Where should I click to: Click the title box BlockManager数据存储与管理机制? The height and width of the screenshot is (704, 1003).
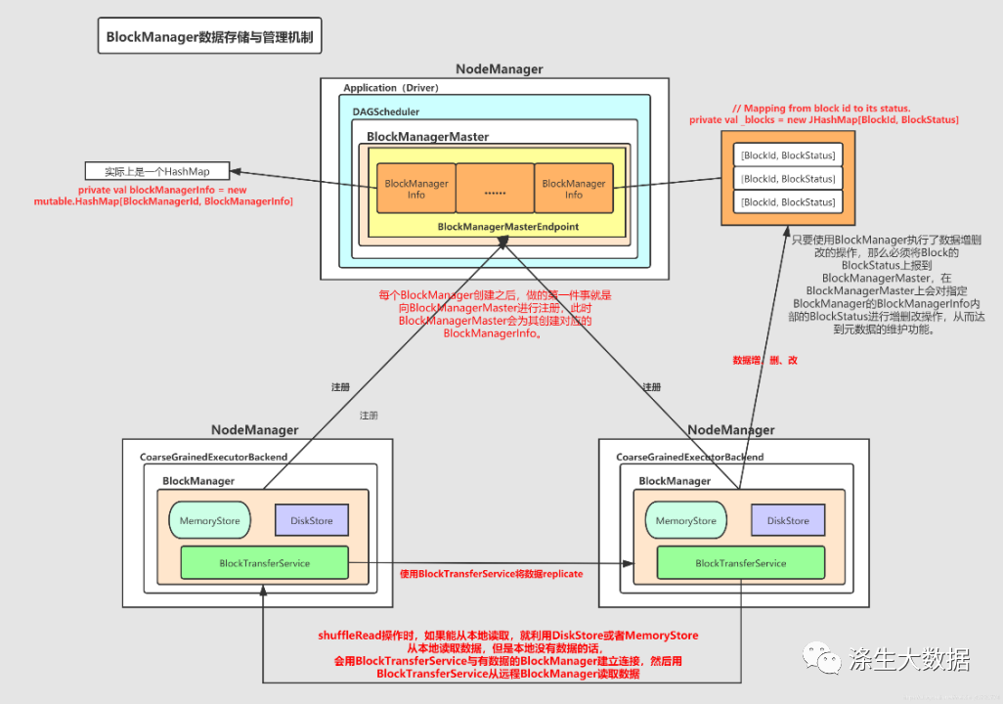[211, 38]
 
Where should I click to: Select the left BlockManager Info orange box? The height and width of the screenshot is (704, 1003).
[416, 189]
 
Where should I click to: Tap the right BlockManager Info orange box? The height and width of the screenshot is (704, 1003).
[573, 189]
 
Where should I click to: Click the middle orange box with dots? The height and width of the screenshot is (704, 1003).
[495, 189]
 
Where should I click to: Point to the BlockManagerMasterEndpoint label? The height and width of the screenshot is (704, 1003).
[508, 227]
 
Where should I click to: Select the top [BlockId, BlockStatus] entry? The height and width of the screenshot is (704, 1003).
[788, 155]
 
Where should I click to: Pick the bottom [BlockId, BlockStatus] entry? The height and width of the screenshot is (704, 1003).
[788, 202]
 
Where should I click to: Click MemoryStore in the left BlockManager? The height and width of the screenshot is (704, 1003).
[209, 521]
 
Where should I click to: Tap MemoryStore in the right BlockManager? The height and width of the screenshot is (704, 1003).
[685, 521]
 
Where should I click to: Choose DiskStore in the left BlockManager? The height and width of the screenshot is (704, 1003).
[311, 521]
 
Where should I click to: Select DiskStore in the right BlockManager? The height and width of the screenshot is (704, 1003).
[788, 521]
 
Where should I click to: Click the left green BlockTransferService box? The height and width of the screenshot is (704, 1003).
[264, 563]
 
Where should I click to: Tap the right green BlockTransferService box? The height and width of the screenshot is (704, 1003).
[740, 563]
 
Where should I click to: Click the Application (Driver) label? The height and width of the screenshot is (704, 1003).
[391, 88]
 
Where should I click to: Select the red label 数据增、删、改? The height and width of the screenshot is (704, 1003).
[765, 361]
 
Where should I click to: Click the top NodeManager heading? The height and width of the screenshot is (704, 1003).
[499, 69]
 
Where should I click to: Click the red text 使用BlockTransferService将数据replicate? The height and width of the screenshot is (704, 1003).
[492, 574]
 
